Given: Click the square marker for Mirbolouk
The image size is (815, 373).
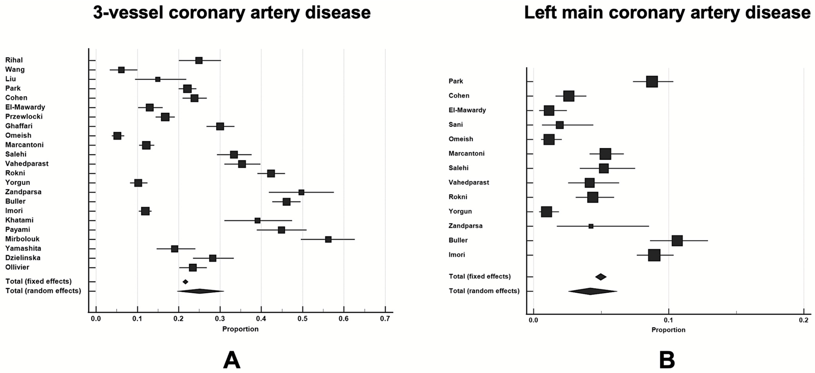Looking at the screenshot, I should click(328, 239).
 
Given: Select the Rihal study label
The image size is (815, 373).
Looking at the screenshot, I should click(14, 60).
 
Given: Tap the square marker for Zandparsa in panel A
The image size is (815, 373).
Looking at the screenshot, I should click(301, 192).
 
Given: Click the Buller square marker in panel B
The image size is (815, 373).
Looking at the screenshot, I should click(677, 240).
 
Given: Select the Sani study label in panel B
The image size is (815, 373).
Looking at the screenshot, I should click(456, 124).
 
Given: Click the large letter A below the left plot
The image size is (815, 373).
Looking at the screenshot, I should click(232, 360).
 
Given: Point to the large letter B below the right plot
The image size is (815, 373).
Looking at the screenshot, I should click(667, 360).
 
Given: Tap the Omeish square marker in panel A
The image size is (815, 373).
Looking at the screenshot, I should click(117, 136).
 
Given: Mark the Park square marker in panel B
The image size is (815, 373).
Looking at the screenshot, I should click(652, 82).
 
